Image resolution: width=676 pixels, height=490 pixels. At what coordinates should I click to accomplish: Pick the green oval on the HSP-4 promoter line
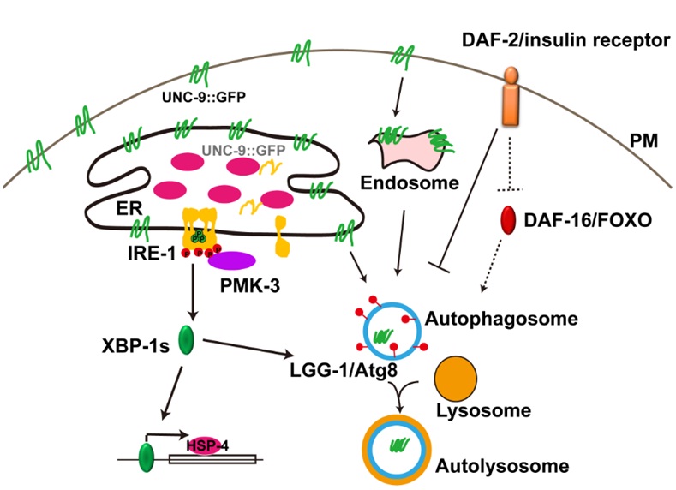146,456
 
